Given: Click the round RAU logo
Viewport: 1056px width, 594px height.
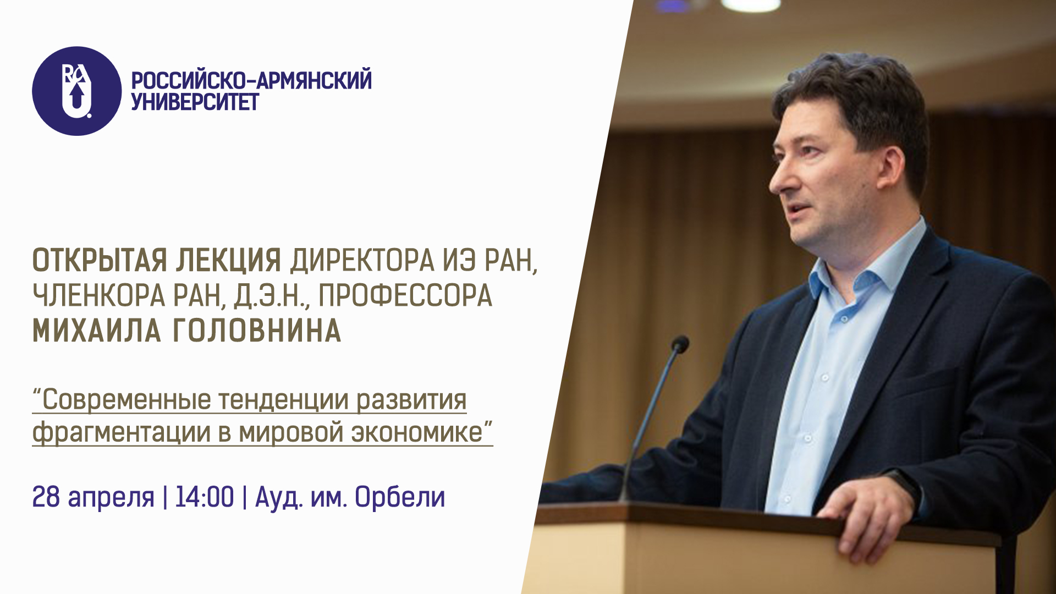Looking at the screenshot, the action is pyautogui.click(x=77, y=91).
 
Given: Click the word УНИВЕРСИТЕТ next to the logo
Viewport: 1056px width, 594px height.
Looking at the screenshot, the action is pyautogui.click(x=195, y=102).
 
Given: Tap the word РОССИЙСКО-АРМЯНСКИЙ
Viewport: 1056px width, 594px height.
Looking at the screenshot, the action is pyautogui.click(x=251, y=80).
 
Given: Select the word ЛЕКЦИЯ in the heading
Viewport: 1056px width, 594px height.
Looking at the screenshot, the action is pyautogui.click(x=228, y=261).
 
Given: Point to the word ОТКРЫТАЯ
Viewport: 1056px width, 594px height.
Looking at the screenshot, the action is pyautogui.click(x=100, y=261).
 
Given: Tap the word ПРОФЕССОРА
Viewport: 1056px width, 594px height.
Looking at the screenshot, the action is pyautogui.click(x=405, y=296).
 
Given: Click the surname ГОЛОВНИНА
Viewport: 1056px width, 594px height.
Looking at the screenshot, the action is pyautogui.click(x=257, y=331).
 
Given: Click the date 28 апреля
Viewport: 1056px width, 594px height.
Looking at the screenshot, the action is pyautogui.click(x=94, y=497).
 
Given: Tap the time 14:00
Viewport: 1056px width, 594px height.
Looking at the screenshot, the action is pyautogui.click(x=205, y=497).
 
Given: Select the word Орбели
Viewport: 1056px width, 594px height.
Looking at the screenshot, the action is pyautogui.click(x=400, y=497).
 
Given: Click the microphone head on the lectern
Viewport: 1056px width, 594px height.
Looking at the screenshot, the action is pyautogui.click(x=680, y=344).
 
